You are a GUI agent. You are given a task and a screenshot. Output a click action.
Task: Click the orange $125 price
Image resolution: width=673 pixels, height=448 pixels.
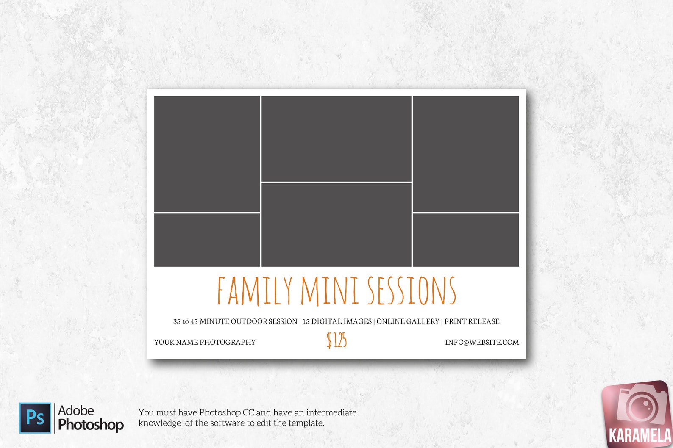pos(336,340)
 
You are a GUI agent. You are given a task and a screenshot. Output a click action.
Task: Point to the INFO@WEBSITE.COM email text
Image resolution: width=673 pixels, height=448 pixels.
pos(482,342)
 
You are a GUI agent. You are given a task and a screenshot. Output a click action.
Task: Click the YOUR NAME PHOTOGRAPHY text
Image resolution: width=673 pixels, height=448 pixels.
pos(205,342)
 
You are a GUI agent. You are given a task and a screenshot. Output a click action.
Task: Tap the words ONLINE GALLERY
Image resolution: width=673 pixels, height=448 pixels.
pos(408,321)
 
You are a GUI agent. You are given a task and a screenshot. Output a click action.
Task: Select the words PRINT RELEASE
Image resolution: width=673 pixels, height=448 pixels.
pos(472,321)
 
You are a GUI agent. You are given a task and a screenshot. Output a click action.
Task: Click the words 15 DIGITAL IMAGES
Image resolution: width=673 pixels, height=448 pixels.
pos(337,321)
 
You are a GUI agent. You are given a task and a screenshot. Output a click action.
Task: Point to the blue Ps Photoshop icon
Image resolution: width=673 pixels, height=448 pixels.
pos(35,418)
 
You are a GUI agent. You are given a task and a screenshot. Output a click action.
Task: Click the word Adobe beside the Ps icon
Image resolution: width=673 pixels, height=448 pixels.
pos(76,410)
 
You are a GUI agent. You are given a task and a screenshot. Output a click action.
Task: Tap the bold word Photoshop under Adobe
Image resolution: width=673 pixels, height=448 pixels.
pos(91,424)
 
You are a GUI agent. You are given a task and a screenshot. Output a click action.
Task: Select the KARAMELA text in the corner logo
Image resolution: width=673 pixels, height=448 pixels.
pos(640,435)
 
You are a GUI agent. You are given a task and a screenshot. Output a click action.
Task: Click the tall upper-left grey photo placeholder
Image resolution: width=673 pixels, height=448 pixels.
pos(207,154)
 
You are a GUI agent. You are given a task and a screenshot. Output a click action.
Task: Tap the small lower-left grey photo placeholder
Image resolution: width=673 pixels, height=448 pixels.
pos(207,240)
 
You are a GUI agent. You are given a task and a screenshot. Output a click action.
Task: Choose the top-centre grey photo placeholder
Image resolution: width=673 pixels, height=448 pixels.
pos(336,138)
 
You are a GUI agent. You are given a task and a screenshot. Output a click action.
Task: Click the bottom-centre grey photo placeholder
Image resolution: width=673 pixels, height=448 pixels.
pos(336,225)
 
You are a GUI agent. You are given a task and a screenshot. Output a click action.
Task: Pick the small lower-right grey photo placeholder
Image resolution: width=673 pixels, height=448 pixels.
pos(466,240)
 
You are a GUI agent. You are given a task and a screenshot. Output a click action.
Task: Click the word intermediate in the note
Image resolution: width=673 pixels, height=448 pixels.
pos(331,412)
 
